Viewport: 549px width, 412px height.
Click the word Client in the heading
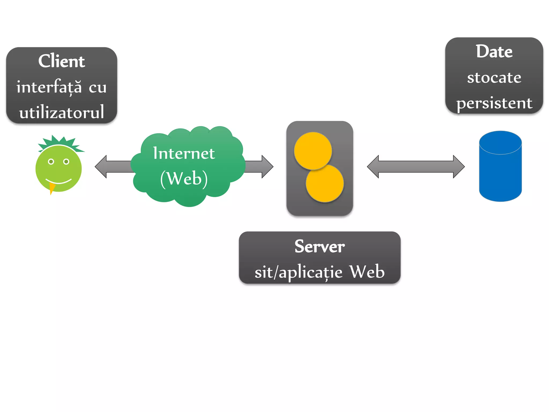point(61,61)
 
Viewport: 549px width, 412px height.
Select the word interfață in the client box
point(49,87)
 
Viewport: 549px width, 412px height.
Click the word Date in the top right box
point(494,51)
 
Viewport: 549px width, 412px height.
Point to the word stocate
point(494,78)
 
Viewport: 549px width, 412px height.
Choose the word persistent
point(494,103)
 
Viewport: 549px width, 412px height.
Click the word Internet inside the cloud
point(184,153)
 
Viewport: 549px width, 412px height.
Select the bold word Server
point(320,246)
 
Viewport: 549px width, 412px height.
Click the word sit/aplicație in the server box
point(298,272)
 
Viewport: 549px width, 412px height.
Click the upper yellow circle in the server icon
point(313,151)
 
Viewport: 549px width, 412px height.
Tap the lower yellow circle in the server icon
point(325,183)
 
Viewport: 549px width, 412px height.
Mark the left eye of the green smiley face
point(51,161)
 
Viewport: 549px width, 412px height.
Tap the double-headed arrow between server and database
point(416,167)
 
